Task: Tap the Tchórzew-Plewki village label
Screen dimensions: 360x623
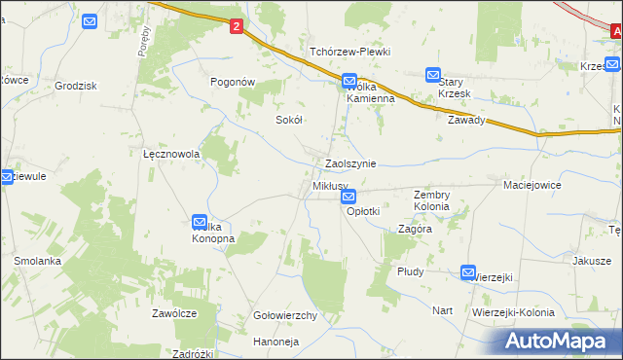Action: pos(349,52)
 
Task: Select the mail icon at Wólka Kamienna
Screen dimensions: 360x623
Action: pos(351,81)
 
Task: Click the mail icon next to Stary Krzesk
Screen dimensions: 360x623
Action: pos(433,74)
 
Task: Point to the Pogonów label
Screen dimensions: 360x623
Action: pos(234,83)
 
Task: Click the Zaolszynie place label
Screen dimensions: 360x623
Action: pos(350,164)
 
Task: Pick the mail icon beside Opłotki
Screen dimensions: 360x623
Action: pos(349,198)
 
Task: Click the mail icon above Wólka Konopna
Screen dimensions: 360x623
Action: pos(200,223)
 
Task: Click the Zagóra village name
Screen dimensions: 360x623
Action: pos(416,230)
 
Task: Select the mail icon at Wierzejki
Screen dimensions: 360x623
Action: pos(468,274)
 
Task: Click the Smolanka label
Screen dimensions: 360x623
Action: pos(38,262)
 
